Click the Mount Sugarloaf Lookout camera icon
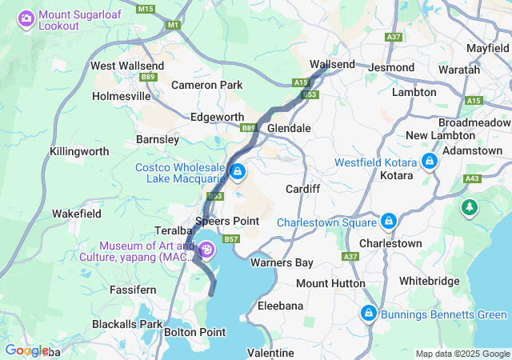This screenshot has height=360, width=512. tap(26, 18)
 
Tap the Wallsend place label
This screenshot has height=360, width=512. tap(332, 63)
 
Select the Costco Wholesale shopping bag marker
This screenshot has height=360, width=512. tap(238, 171)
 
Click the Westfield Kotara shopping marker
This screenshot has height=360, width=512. tap(430, 162)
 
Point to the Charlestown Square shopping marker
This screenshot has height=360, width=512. tap(389, 221)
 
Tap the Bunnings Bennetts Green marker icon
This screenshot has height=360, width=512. tap(369, 313)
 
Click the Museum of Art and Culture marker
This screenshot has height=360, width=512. tap(206, 251)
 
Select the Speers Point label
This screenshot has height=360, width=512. tap(227, 221)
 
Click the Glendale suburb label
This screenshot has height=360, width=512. tap(288, 128)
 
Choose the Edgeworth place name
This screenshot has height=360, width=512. tap(217, 117)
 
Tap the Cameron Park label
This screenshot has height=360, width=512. tap(206, 84)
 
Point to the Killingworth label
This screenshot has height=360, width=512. tap(79, 150)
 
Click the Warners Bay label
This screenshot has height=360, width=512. tap(281, 262)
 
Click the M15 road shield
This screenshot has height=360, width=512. tap(145, 9)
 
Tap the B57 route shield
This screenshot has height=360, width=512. tap(232, 238)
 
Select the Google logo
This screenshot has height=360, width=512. tap(26, 350)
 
